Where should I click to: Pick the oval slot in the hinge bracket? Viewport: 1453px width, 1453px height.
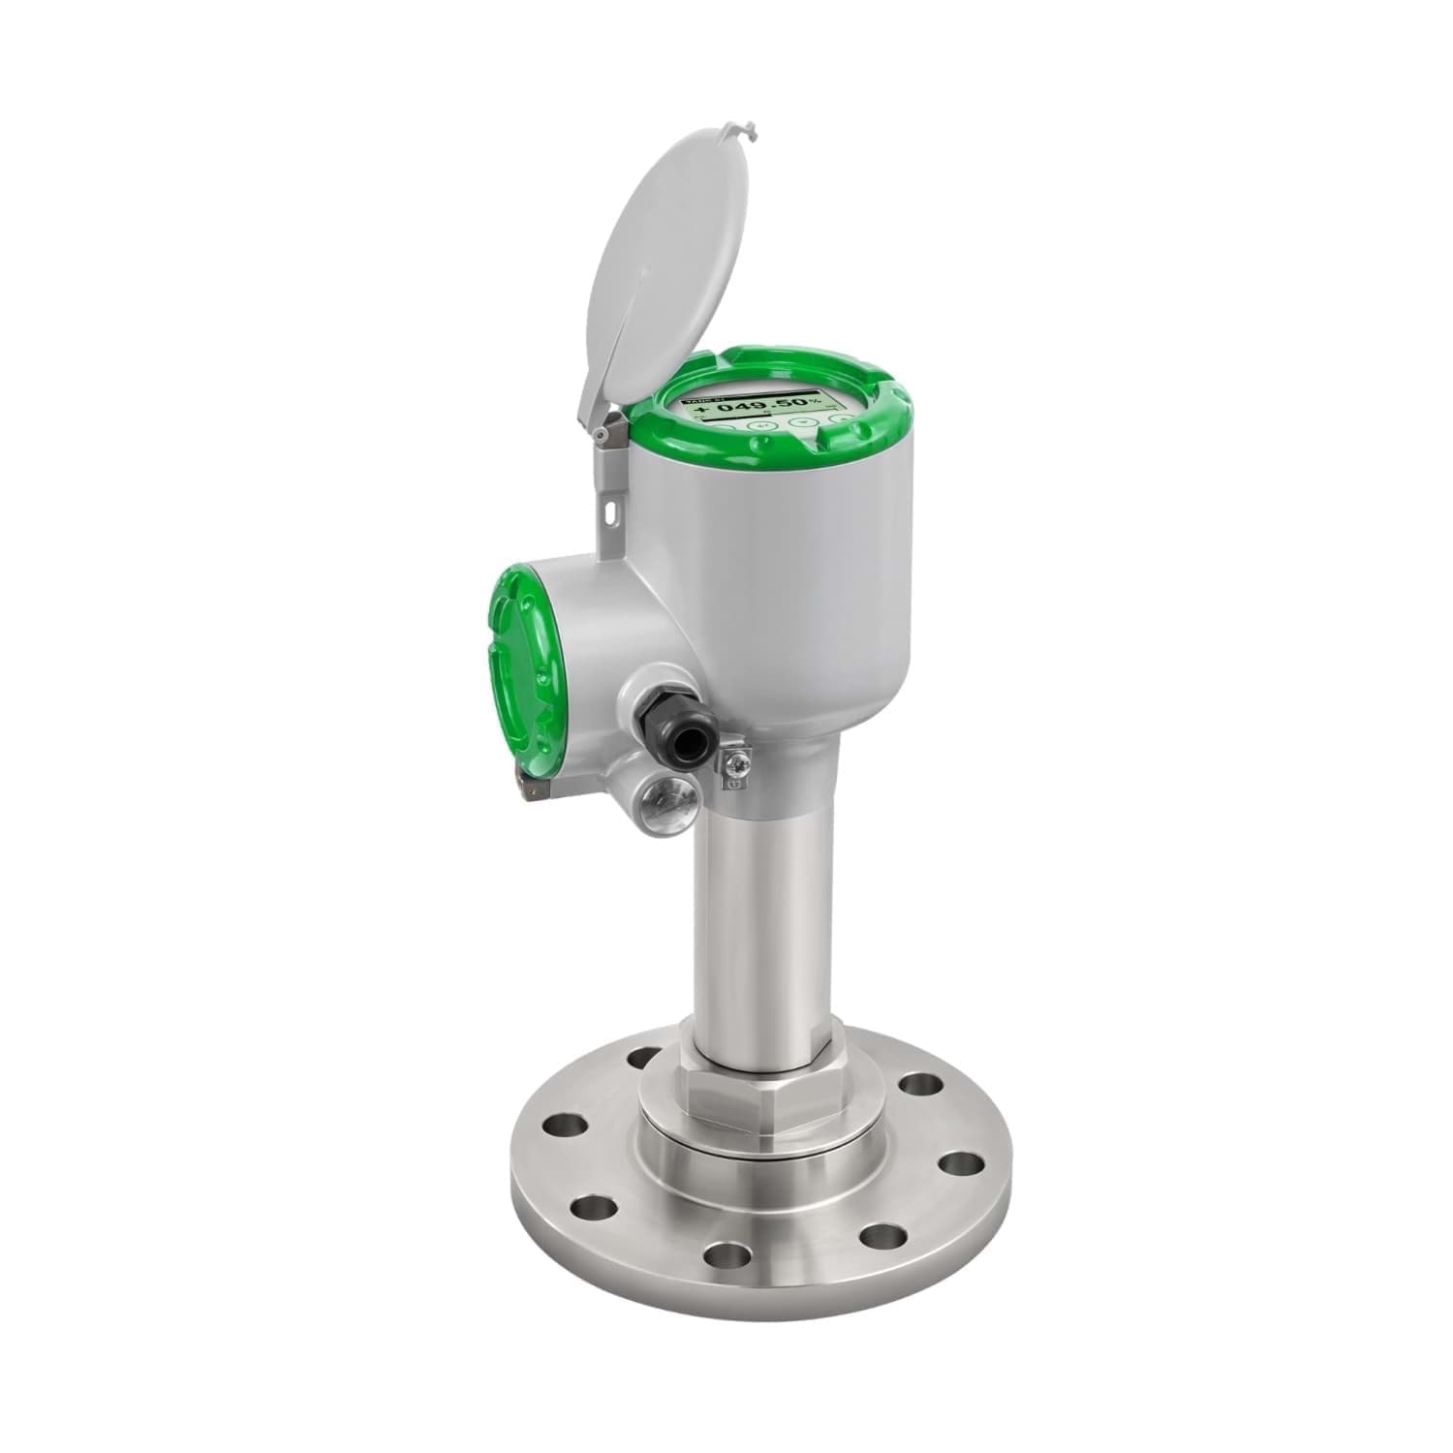point(612,504)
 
